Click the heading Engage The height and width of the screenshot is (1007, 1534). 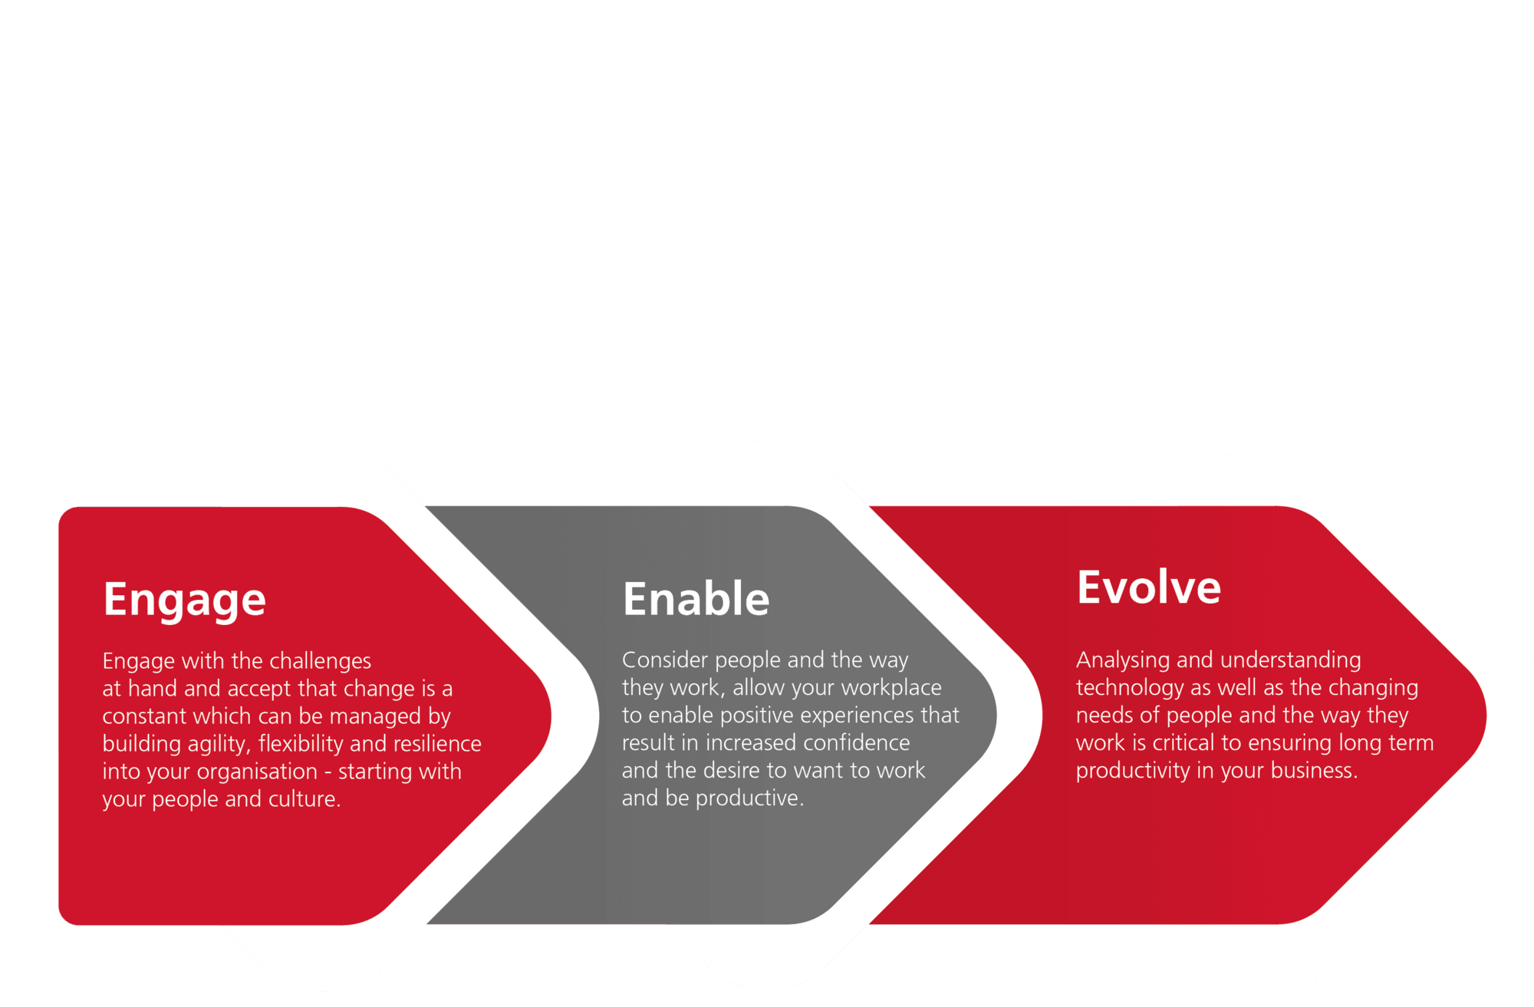click(185, 601)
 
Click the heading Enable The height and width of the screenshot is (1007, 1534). click(696, 599)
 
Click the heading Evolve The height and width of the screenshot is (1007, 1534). click(1148, 587)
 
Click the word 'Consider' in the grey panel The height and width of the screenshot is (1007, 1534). click(665, 660)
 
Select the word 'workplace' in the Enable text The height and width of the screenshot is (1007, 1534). click(891, 689)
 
